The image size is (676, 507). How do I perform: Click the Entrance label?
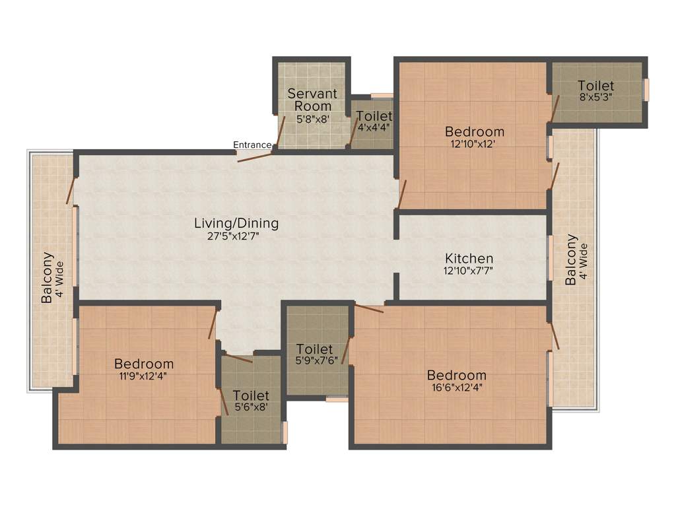[252, 145]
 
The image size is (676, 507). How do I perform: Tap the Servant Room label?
[312, 100]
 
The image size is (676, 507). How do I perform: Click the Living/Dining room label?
[236, 223]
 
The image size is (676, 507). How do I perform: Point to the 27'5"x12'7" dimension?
[236, 236]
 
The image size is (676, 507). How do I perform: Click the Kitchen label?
[469, 258]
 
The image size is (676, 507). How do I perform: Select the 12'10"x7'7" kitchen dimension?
[469, 271]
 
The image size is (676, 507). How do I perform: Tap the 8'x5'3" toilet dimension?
[595, 98]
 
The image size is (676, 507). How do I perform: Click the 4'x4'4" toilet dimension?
[374, 128]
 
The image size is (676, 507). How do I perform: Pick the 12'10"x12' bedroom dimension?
[474, 143]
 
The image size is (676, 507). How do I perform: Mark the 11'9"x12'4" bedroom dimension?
[144, 376]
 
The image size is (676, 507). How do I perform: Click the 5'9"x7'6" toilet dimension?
[318, 361]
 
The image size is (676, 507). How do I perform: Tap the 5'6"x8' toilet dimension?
[251, 407]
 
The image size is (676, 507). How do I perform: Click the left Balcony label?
[48, 277]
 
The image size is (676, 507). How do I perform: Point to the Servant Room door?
[280, 133]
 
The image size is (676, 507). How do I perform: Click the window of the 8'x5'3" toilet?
[646, 89]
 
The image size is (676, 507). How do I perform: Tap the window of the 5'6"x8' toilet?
[285, 432]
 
